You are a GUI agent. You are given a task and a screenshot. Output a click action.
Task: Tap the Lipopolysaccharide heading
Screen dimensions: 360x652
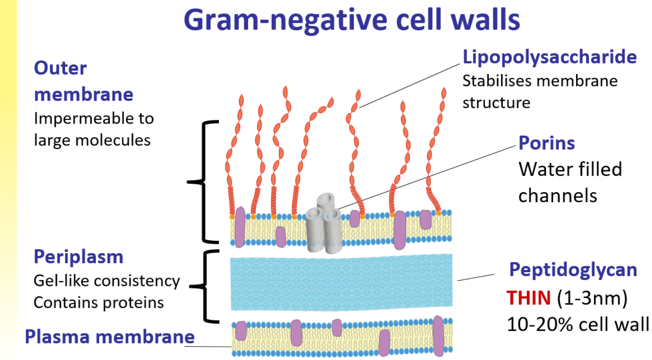tap(549, 57)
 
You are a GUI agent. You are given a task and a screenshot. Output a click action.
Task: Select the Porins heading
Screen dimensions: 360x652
tap(546, 143)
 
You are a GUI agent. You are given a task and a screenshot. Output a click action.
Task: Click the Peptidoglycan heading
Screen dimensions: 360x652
tap(573, 270)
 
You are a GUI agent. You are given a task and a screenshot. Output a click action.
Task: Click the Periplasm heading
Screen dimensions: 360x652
tap(78, 257)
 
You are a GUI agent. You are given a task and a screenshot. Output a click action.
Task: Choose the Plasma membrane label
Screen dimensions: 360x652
tap(110, 337)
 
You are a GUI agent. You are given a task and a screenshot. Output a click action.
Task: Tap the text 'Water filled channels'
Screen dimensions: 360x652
tap(570, 182)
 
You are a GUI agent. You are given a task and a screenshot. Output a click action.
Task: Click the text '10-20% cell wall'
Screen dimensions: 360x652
tap(578, 324)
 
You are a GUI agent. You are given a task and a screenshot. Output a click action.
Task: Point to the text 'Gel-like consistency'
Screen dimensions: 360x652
tap(107, 281)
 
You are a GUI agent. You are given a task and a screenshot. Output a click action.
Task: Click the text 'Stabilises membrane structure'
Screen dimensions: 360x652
tap(540, 91)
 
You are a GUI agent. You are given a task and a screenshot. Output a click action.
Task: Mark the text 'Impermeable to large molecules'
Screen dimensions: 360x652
tap(93, 129)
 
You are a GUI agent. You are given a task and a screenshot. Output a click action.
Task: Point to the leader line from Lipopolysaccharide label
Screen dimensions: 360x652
tap(410, 86)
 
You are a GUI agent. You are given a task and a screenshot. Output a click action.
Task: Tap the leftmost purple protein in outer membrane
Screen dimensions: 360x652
tap(240, 227)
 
